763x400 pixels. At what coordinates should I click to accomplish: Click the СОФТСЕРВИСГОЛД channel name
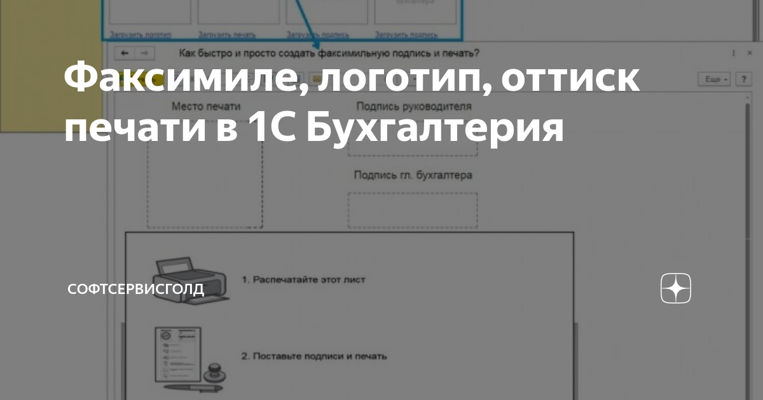click(x=136, y=290)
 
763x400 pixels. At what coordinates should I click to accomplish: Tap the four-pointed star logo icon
click(x=676, y=290)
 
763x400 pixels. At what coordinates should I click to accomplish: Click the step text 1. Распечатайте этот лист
click(x=304, y=279)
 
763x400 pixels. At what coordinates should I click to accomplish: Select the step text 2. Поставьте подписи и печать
click(x=314, y=356)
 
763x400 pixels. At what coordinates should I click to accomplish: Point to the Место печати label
click(x=206, y=106)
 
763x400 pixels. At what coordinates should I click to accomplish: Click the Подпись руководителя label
click(x=413, y=106)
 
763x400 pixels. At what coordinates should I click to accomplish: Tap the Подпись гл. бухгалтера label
click(x=413, y=175)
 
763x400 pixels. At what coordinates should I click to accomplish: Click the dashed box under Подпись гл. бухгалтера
click(x=412, y=210)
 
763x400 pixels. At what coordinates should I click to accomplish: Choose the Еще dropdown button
click(x=713, y=79)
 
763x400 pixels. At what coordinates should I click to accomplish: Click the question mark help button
click(x=742, y=79)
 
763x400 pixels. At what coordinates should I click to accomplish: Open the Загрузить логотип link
click(x=141, y=35)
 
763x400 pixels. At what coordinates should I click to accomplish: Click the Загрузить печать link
click(x=228, y=35)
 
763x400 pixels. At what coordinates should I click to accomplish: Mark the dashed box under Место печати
click(x=205, y=184)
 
